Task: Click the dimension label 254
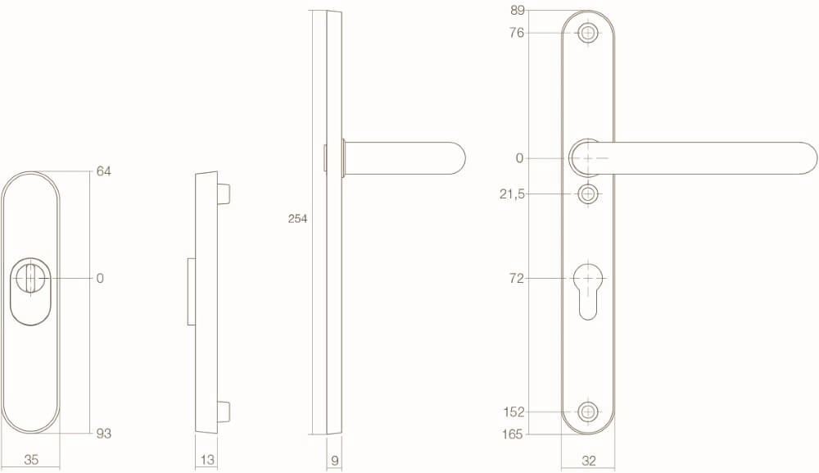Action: (x=297, y=219)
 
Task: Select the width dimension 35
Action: (x=31, y=460)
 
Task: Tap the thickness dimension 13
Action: (x=207, y=460)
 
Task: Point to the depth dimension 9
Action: (x=334, y=460)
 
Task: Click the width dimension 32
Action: (x=588, y=461)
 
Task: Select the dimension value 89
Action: (x=517, y=11)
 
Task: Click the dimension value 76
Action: (x=517, y=33)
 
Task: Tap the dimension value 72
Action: (x=516, y=279)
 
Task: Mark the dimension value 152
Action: (x=514, y=412)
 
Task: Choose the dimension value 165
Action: (x=514, y=434)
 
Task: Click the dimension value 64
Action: (x=103, y=171)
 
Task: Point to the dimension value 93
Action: (x=103, y=434)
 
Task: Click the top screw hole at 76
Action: (x=588, y=33)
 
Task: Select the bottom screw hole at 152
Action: (x=588, y=412)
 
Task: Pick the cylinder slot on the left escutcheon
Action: (x=30, y=279)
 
